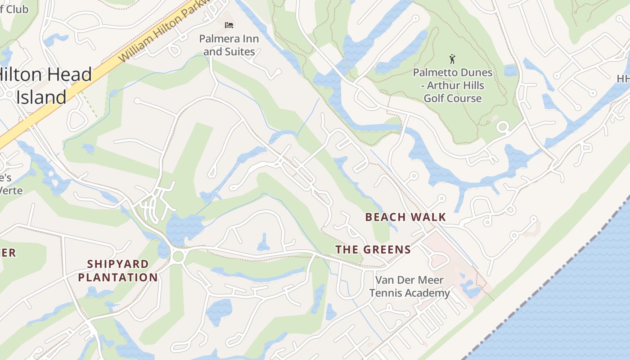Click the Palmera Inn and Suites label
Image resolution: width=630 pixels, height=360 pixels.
click(229, 45)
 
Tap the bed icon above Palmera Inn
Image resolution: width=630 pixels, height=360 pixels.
click(229, 25)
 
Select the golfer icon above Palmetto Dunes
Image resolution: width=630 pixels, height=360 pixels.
click(452, 58)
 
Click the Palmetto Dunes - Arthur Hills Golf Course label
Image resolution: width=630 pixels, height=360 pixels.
click(453, 85)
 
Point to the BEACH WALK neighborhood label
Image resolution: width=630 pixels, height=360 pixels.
click(405, 217)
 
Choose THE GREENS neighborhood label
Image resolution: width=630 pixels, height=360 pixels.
click(373, 250)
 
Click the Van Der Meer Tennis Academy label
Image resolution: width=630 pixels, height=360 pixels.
click(409, 287)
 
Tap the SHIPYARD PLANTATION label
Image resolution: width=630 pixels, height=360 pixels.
click(118, 270)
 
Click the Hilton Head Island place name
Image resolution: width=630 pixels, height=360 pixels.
click(45, 85)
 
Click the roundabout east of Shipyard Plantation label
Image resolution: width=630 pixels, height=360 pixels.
click(178, 256)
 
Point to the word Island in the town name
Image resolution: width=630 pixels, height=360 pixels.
click(41, 97)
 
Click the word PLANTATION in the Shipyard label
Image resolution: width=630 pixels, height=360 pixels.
click(118, 277)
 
